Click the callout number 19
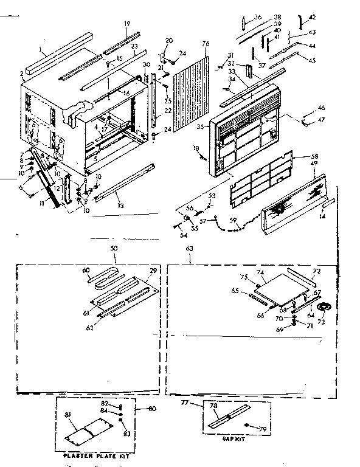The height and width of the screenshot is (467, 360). (127, 24)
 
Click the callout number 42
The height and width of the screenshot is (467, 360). (313, 18)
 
